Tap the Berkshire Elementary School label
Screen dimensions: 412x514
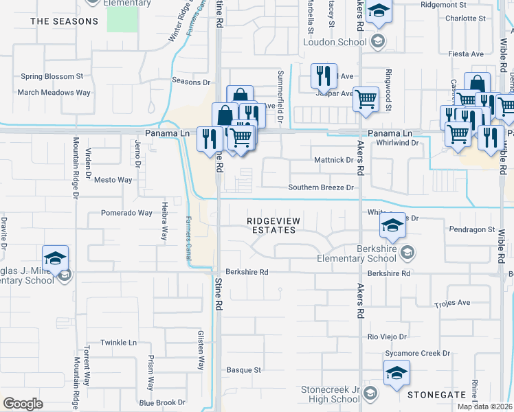pos(357,253)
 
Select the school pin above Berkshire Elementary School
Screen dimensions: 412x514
pos(392,224)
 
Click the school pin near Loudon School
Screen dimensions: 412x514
pos(377,13)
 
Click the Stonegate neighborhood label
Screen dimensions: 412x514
pos(436,396)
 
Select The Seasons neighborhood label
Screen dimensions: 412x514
pos(65,21)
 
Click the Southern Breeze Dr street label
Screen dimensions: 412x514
pos(321,187)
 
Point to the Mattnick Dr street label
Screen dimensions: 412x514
pos(333,160)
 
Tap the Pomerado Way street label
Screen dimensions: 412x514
pos(126,213)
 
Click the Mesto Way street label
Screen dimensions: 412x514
pos(113,180)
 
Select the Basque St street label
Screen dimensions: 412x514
pos(244,369)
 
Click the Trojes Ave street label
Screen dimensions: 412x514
pos(452,303)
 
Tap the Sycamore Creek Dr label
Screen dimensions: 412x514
pos(417,353)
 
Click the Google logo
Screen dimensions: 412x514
pos(23,403)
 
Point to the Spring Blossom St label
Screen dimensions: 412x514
pos(52,76)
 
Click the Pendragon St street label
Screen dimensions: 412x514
pos(471,229)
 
